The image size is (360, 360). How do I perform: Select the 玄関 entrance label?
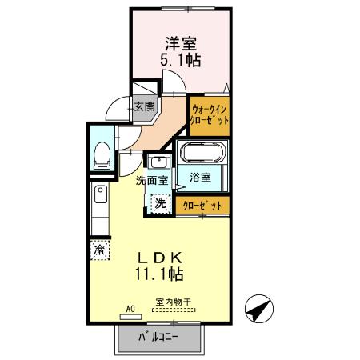[145, 106]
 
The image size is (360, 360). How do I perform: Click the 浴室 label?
[201, 177]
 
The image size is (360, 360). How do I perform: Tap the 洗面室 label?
[151, 180]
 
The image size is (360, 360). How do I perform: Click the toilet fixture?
[102, 154]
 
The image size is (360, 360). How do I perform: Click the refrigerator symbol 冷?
[100, 250]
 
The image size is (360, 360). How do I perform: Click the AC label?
[130, 306]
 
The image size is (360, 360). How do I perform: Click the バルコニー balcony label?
[158, 335]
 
